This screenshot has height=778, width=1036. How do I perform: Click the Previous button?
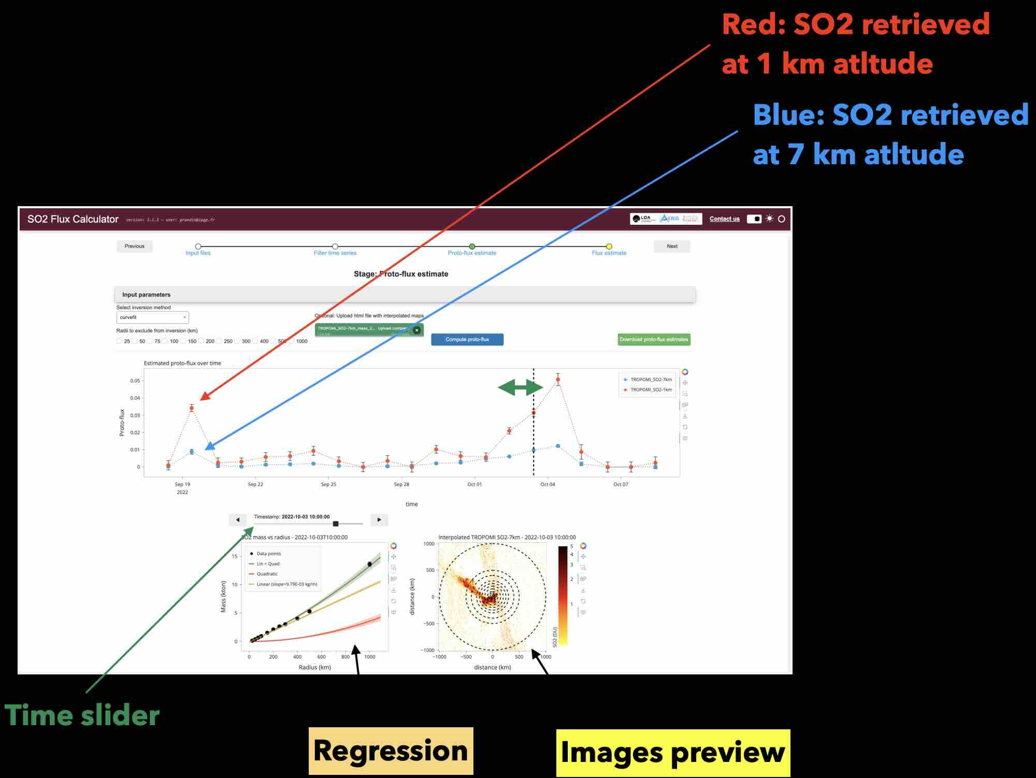134,246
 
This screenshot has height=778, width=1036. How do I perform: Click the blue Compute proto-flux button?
467,339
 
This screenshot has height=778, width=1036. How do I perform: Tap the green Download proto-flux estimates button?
654,339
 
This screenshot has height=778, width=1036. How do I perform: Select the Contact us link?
724,219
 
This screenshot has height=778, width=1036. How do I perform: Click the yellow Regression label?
391,751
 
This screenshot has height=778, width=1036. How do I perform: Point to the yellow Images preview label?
672,752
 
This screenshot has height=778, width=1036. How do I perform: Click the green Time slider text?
82,715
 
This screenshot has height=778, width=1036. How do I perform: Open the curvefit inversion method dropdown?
152,317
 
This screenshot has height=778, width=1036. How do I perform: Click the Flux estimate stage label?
609,253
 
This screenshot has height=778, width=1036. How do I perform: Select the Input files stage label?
198,253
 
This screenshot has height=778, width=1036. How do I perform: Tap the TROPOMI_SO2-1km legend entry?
651,390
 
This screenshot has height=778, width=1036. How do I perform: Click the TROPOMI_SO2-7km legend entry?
651,380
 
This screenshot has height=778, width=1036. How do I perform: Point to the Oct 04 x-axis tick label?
548,484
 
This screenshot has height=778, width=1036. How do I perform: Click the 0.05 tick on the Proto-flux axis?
135,381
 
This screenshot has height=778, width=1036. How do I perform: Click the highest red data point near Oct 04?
558,380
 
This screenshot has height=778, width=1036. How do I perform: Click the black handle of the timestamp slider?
336,524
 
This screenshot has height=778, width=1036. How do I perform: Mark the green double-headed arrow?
520,387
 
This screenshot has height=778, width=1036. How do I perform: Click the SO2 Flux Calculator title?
73,219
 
